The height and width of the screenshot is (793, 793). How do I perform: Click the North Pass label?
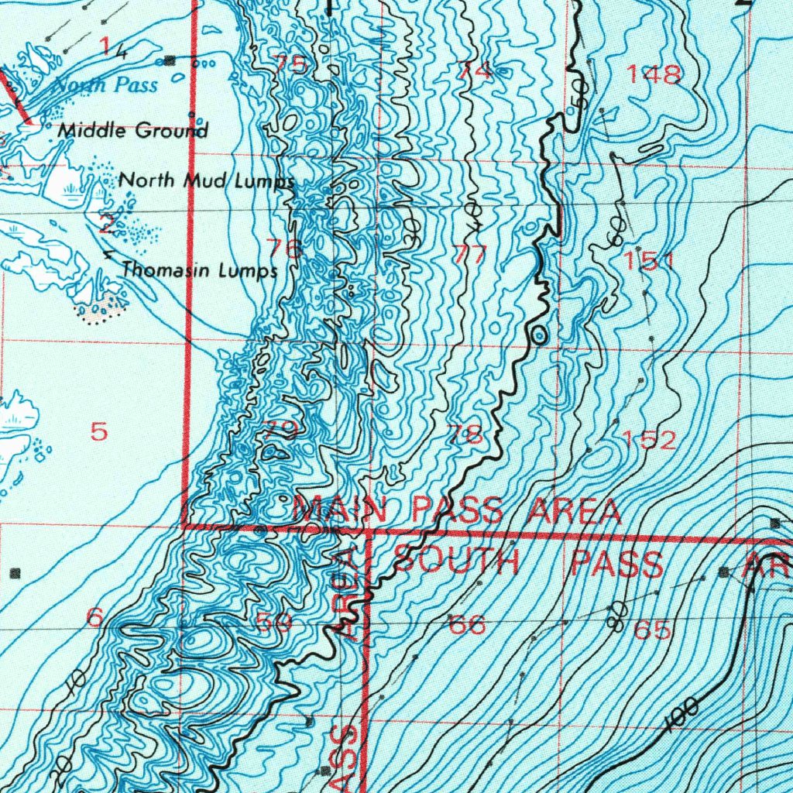[105, 84]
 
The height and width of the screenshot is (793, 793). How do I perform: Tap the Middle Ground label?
[133, 130]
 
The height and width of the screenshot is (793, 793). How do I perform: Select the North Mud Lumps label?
[206, 181]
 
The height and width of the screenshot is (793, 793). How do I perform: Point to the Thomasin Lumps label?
[200, 270]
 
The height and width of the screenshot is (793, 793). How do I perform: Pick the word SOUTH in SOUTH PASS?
[456, 563]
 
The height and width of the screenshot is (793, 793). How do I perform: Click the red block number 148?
[654, 74]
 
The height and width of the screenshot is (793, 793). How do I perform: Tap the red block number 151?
[650, 262]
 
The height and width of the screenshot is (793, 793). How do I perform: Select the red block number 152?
[650, 441]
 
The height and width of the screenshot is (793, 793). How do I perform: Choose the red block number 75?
[290, 65]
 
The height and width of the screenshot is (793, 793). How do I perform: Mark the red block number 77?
[470, 255]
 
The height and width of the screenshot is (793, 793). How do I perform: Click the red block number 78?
[469, 435]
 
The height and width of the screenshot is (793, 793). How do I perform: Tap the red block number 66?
[468, 624]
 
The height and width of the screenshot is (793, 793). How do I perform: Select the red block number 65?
[652, 630]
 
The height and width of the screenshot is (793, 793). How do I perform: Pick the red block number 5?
[99, 431]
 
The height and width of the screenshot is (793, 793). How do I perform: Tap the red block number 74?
[474, 71]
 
